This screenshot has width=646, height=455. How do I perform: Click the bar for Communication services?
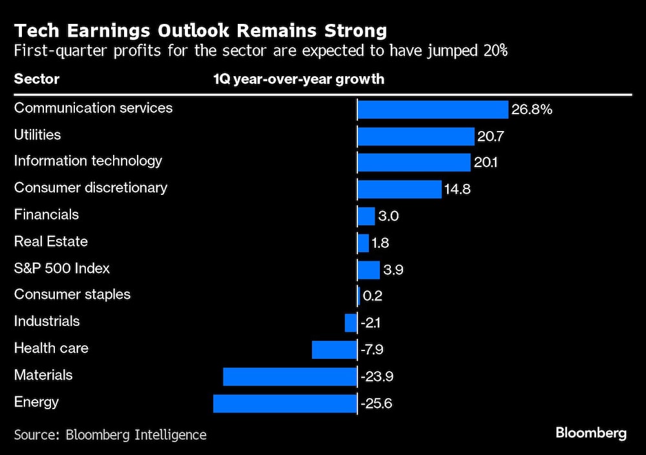click(433, 110)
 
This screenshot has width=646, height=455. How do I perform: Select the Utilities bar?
click(416, 136)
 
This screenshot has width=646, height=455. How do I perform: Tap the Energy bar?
click(285, 404)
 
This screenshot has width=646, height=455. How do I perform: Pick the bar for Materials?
click(290, 377)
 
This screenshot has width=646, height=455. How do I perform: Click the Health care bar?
click(334, 350)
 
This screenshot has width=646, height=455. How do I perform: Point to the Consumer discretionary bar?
click(399, 189)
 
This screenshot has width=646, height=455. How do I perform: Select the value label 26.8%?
click(532, 110)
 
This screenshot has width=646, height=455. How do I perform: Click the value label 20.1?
click(486, 163)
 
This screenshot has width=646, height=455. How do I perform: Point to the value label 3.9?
click(393, 270)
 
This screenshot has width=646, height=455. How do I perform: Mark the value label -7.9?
click(373, 350)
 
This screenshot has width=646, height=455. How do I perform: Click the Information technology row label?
click(88, 161)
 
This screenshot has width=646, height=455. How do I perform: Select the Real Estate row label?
click(51, 241)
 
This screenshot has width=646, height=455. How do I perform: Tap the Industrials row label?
click(47, 321)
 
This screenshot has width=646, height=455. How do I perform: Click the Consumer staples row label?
click(72, 294)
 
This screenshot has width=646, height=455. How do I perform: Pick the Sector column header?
click(37, 79)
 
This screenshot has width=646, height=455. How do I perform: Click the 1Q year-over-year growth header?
click(298, 79)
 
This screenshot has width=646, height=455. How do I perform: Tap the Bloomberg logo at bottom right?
click(590, 433)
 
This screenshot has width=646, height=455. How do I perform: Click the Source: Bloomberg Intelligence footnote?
click(110, 434)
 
